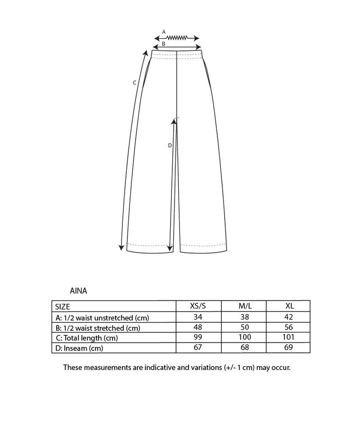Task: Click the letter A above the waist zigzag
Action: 164,32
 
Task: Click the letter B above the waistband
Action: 163,44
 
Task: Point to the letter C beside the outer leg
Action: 134,82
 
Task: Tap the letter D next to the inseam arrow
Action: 169,145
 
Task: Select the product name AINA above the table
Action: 79,291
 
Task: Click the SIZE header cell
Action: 63,307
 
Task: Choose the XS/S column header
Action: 198,306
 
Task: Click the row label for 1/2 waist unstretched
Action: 102,318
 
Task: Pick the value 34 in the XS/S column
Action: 198,317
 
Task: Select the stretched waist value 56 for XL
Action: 289,327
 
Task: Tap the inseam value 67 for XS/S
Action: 198,347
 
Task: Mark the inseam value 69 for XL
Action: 289,347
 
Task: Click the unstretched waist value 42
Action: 289,317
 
